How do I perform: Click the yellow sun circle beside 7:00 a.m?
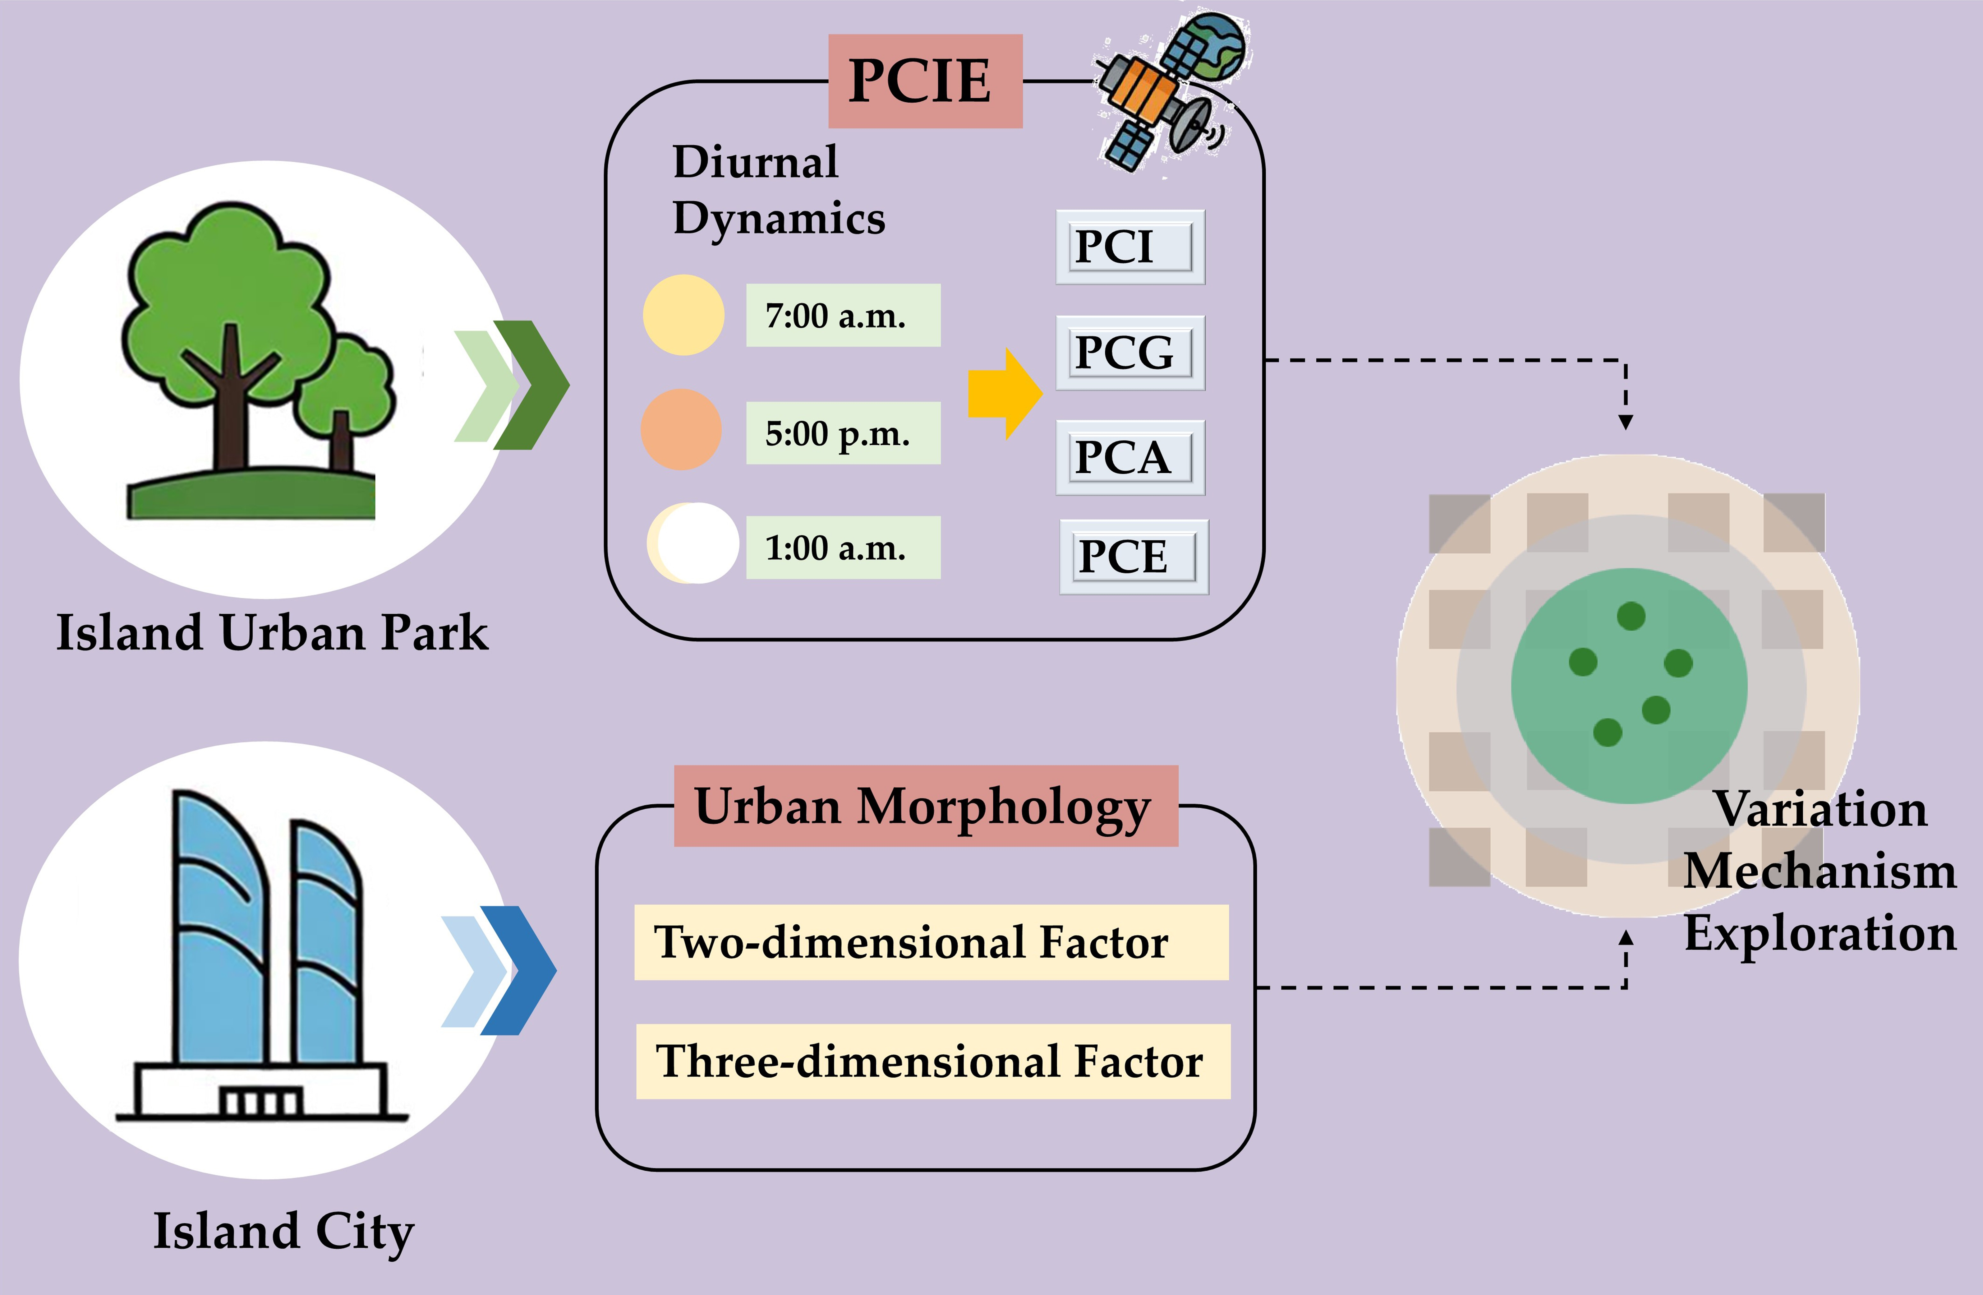tap(683, 315)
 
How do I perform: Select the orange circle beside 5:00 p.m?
tap(681, 429)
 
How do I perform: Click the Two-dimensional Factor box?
tap(931, 942)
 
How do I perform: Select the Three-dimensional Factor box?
tap(932, 1061)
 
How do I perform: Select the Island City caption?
tap(283, 1231)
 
